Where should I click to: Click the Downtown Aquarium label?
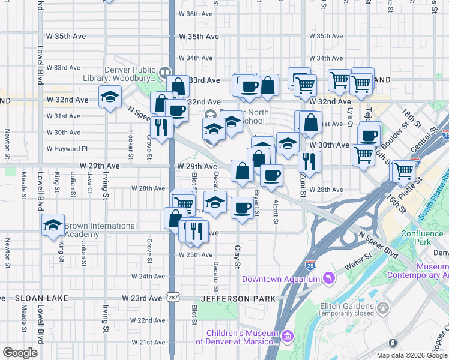280,279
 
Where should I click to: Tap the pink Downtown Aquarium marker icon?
328,278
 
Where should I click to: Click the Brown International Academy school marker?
53,225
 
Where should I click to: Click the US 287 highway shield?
172,298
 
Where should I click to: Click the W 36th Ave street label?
191,14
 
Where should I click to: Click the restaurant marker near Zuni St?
309,161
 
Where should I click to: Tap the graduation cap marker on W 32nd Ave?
110,97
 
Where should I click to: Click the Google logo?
20,353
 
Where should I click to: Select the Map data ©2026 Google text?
412,355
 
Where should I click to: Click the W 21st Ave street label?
148,343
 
